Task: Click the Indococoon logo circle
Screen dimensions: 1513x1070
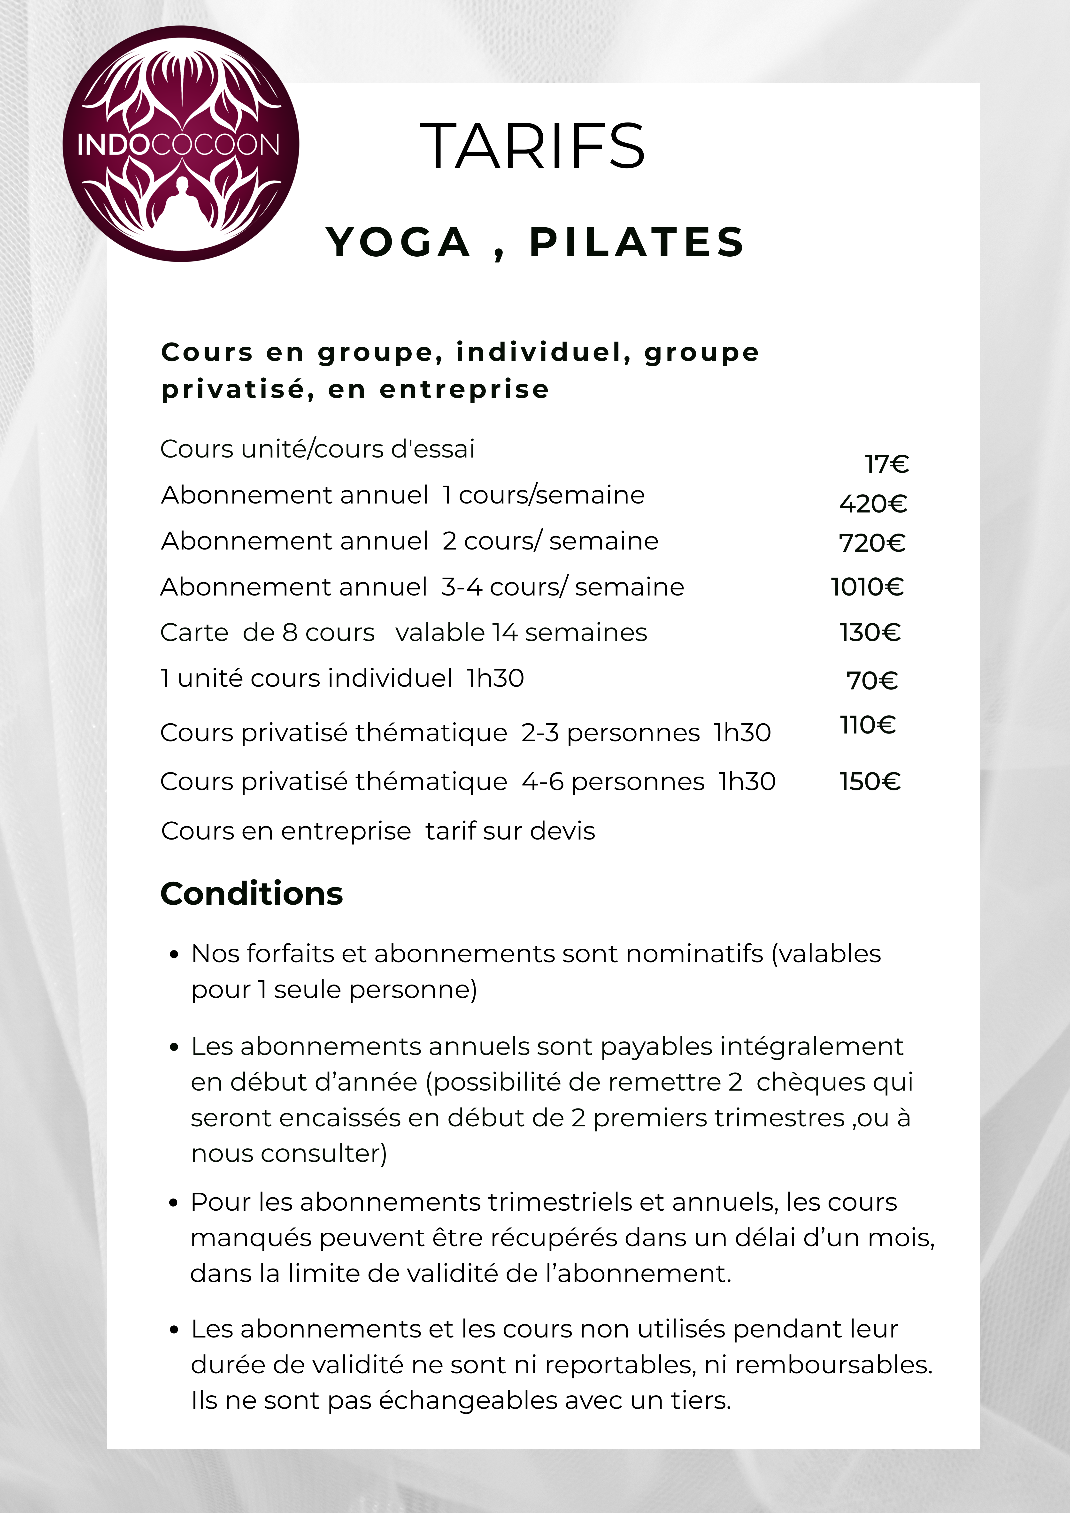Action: coord(181,144)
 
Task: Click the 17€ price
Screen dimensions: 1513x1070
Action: coord(887,465)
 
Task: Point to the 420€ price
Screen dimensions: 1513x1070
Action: coord(873,504)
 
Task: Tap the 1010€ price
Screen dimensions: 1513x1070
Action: coord(867,587)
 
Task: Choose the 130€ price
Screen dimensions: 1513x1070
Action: coord(870,633)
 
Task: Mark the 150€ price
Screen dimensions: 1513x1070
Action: coord(870,781)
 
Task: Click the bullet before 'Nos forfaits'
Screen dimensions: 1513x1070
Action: coord(174,955)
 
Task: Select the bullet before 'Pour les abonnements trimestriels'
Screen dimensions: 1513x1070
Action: coord(174,1203)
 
